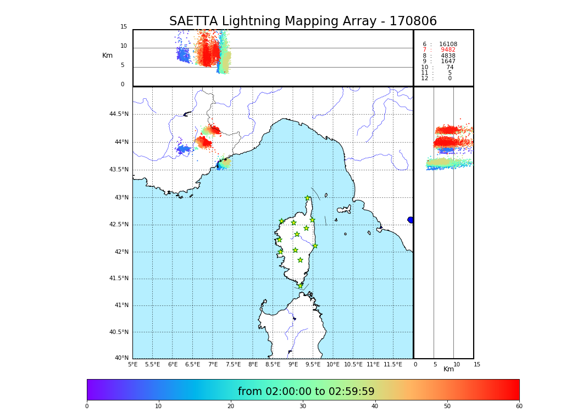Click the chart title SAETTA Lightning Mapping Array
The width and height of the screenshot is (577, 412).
[x=303, y=21]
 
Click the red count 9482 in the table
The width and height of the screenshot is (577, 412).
[x=448, y=50]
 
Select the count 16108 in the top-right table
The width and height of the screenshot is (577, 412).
[x=448, y=44]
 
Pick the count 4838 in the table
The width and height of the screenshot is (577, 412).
[x=448, y=56]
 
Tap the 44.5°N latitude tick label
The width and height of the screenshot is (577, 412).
[x=119, y=114]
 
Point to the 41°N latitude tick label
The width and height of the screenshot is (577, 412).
[x=121, y=305]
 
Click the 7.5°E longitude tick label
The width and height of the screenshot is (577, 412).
[x=233, y=364]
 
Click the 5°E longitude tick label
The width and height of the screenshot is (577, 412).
[x=133, y=364]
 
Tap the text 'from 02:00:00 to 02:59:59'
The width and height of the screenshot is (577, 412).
[x=306, y=392]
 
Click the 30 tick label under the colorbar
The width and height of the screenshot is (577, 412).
[x=303, y=406]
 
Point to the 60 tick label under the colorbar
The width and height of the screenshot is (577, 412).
[x=519, y=406]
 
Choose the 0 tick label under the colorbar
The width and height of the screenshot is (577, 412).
[x=87, y=406]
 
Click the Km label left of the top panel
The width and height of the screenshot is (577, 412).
[x=107, y=55]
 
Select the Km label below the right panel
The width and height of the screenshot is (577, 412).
[x=448, y=369]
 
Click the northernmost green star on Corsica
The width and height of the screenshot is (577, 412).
[x=308, y=198]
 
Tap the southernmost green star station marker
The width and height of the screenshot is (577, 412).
[x=300, y=286]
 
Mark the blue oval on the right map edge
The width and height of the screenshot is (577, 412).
[x=410, y=220]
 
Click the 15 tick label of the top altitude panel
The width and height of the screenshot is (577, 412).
[x=124, y=27]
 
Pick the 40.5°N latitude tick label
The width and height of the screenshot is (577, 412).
[x=119, y=332]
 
